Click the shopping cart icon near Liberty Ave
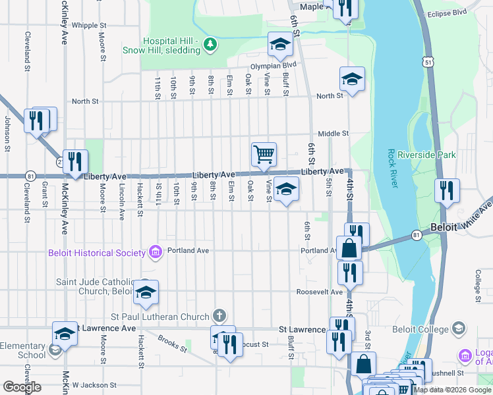[x=264, y=154]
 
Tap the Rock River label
[x=393, y=169]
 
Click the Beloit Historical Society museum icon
[x=155, y=252]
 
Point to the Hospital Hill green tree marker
[x=210, y=45]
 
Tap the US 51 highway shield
[x=428, y=61]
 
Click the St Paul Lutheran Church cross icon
[x=219, y=317]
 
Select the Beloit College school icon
[x=458, y=329]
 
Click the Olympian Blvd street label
[x=273, y=66]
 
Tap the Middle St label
[x=333, y=134]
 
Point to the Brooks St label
[x=170, y=342]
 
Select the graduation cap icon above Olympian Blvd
[x=280, y=45]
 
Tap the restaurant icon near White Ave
[x=448, y=191]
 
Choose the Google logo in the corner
[x=22, y=387]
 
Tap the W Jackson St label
[x=94, y=385]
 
